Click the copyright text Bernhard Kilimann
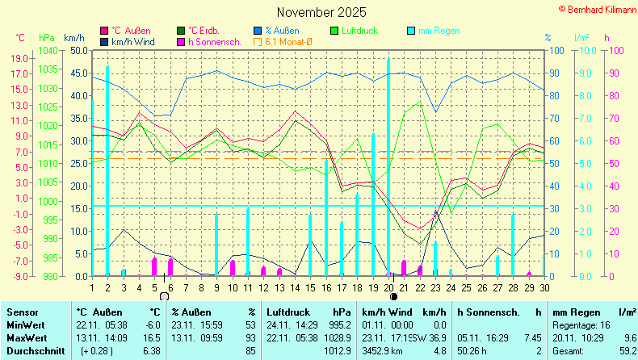coord(597,7)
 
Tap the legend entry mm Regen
coord(439,31)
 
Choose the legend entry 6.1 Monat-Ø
coord(288,41)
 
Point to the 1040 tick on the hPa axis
coord(47,50)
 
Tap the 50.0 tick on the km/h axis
coord(78,50)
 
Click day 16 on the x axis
coord(326,287)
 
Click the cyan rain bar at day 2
coord(107,170)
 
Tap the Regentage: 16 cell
coord(581,324)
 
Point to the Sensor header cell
coord(22,312)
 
